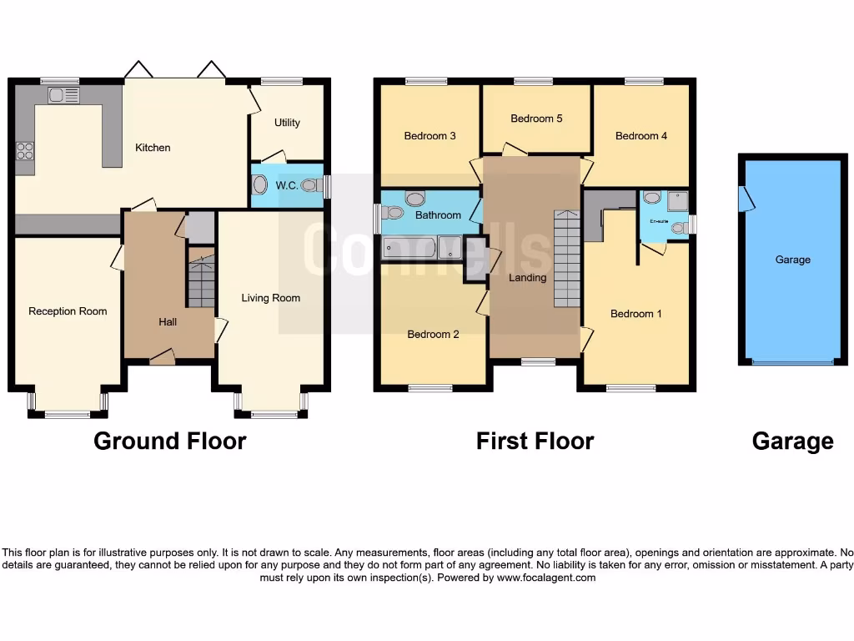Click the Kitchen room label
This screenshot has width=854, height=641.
point(153,148)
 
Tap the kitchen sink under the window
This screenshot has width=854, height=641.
point(63,95)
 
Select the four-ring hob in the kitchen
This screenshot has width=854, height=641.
point(25,151)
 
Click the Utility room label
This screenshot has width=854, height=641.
point(287,123)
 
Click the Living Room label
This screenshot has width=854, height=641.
point(270,298)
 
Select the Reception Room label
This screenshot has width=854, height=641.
point(68,311)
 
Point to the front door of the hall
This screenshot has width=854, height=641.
point(162,358)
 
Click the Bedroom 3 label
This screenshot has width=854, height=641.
point(430,136)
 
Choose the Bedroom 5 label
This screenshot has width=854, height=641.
point(536,119)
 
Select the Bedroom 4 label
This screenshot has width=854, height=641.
point(640,136)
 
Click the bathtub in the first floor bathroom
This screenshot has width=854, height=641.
point(409,247)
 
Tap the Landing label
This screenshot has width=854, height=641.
point(527,278)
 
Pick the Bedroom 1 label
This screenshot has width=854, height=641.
point(635,314)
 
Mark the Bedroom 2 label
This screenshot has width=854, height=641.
point(433,335)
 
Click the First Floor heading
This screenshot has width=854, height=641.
point(535,441)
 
